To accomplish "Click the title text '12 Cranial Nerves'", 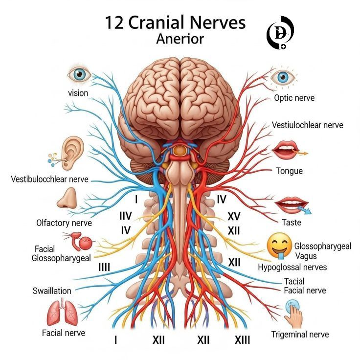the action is coord(175,22).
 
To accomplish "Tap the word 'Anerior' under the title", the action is coord(180,39).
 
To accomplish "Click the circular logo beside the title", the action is coord(280,33).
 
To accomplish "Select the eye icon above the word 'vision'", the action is coord(79,74).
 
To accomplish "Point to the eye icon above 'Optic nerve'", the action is coord(283,77).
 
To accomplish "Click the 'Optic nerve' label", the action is coord(294,98).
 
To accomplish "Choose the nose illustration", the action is coord(67,198).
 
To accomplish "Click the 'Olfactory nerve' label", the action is coord(64,223).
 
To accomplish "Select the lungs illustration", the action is coord(62,311).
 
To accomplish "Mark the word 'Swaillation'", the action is coord(52,291).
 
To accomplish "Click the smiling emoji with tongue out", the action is coord(279,247).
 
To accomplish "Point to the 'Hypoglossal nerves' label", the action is coord(292,267).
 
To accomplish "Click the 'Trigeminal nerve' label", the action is coord(300,334).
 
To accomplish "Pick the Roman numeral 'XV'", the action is coord(234,216).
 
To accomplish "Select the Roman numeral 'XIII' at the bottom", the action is coord(242,340).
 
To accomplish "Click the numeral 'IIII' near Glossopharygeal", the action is coord(104,267).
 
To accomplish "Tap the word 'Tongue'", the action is coord(289,171).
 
